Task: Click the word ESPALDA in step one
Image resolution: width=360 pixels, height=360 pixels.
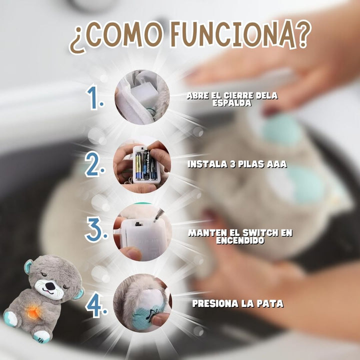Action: (232, 102)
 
